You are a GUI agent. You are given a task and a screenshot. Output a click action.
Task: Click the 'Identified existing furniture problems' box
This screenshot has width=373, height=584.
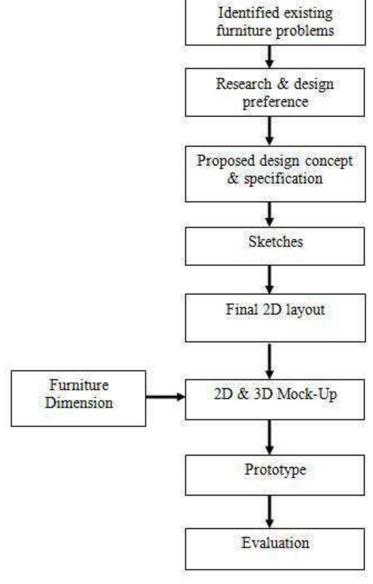coord(275,22)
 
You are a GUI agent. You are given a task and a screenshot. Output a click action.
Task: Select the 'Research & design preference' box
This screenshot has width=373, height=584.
coord(275,92)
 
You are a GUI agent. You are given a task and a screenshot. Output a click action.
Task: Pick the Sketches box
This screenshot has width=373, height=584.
coord(275,246)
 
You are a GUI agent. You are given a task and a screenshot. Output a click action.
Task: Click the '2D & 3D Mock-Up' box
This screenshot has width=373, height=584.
coord(275,399)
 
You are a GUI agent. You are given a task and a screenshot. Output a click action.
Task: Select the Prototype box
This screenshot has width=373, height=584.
coord(275,474)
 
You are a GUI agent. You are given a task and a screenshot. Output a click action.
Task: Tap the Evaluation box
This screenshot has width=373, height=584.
coord(275,548)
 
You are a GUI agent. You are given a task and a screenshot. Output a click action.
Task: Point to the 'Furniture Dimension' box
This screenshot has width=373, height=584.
coord(78,398)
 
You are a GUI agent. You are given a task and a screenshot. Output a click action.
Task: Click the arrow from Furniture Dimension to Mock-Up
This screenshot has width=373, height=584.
coord(165,397)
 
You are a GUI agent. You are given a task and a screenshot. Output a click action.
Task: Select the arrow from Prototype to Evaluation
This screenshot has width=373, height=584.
coord(270,511)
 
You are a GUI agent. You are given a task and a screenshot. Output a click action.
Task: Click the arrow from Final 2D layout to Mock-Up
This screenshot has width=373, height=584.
coord(270,361)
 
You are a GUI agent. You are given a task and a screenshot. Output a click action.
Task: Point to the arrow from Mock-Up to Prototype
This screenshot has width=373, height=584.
coord(270,437)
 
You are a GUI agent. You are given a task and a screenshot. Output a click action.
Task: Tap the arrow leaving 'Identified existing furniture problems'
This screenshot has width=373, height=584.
coord(270,57)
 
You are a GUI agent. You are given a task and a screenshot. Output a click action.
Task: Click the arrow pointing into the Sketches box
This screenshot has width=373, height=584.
coord(270,214)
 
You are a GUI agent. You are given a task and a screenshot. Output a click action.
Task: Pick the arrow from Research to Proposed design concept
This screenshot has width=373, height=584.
coord(270,131)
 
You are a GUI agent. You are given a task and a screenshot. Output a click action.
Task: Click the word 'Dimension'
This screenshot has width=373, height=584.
coord(79,403)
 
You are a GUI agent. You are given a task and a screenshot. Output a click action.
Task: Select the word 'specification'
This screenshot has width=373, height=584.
coord(281,178)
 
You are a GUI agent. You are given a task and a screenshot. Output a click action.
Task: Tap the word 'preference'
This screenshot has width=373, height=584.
coord(275,102)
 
